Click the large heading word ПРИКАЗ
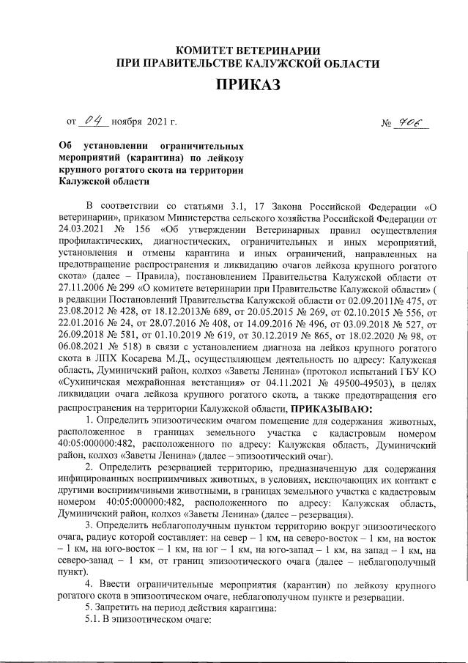tap(248, 86)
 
